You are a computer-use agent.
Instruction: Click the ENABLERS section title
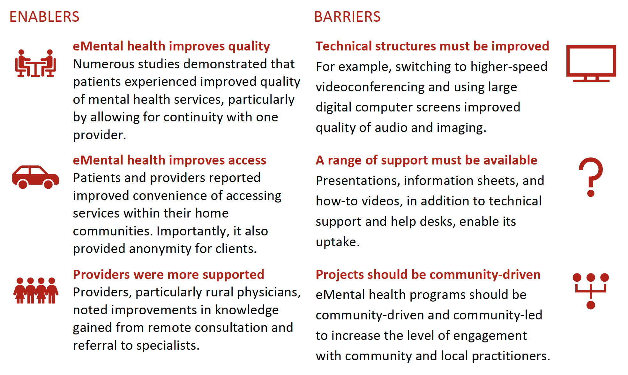click(x=44, y=17)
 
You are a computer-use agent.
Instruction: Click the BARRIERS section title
click(x=347, y=17)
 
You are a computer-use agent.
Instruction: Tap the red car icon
click(x=35, y=177)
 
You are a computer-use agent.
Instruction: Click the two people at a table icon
click(x=35, y=63)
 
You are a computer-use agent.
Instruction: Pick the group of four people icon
click(x=36, y=290)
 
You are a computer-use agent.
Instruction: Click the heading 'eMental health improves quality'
click(x=171, y=46)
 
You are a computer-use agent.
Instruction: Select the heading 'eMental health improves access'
click(x=169, y=160)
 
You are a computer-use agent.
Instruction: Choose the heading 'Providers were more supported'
click(x=168, y=274)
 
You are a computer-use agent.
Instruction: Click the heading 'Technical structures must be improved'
click(x=432, y=46)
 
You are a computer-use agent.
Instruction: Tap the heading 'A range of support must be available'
click(x=426, y=160)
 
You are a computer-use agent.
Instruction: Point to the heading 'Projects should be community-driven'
click(x=428, y=274)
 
